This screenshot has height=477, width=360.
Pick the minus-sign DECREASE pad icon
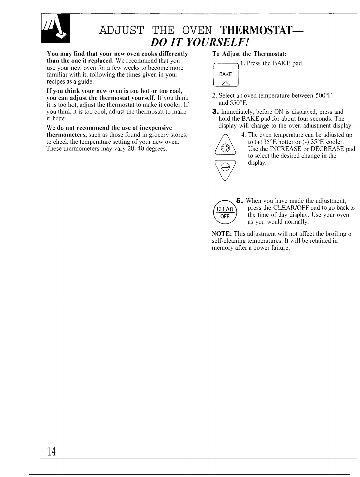(224, 167)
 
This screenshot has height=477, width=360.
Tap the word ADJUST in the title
(123, 31)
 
